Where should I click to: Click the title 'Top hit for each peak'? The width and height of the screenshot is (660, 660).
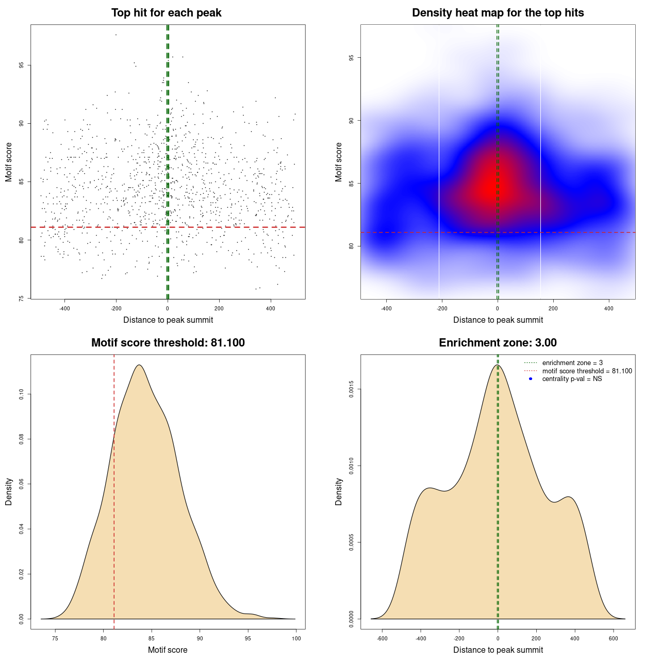point(166,13)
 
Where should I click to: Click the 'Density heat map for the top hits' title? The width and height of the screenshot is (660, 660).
point(498,13)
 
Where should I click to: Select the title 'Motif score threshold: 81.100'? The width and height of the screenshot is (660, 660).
point(168,343)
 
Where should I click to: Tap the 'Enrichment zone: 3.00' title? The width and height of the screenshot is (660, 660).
point(498,343)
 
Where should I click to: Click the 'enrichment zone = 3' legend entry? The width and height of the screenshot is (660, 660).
point(572,363)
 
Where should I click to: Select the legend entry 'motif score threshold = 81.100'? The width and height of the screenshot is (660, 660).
point(587,371)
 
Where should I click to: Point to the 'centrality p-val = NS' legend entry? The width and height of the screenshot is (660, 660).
point(572,379)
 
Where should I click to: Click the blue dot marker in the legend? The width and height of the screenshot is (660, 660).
point(531,379)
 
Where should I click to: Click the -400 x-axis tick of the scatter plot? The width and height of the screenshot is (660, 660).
point(64,308)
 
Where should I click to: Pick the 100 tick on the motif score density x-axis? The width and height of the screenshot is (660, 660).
point(296,638)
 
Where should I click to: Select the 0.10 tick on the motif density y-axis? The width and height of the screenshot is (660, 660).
point(21,394)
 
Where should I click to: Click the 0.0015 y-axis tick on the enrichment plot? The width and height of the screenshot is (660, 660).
point(351,389)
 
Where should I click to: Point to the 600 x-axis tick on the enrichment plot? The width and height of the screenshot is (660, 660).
point(614,638)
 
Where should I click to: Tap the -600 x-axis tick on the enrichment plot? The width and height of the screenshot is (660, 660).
point(382,638)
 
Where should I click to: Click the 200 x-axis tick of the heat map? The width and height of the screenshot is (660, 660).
point(553,308)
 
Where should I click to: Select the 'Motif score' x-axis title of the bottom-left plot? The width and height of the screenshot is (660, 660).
point(168,650)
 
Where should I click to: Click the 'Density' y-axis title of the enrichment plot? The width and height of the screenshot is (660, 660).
point(339,491)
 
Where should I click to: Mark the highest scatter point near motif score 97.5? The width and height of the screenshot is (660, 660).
point(116,35)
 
